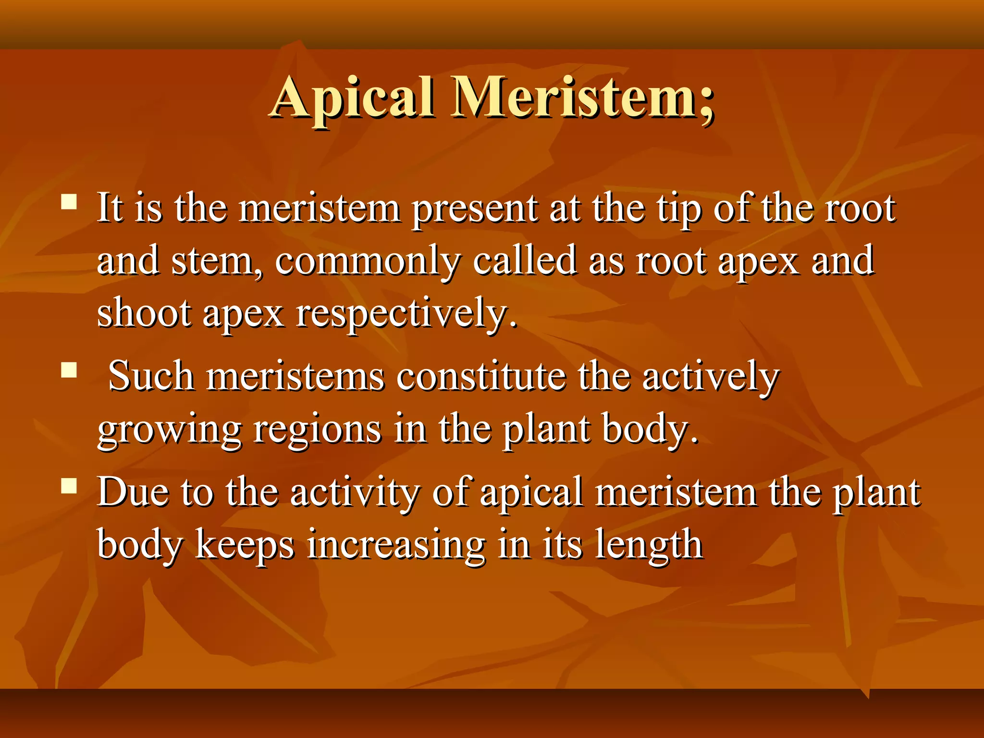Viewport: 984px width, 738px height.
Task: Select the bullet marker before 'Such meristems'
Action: point(70,370)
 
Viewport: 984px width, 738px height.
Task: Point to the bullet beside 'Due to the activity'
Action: point(70,486)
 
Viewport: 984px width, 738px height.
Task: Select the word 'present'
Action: point(475,210)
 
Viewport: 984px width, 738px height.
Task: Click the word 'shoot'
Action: point(144,313)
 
